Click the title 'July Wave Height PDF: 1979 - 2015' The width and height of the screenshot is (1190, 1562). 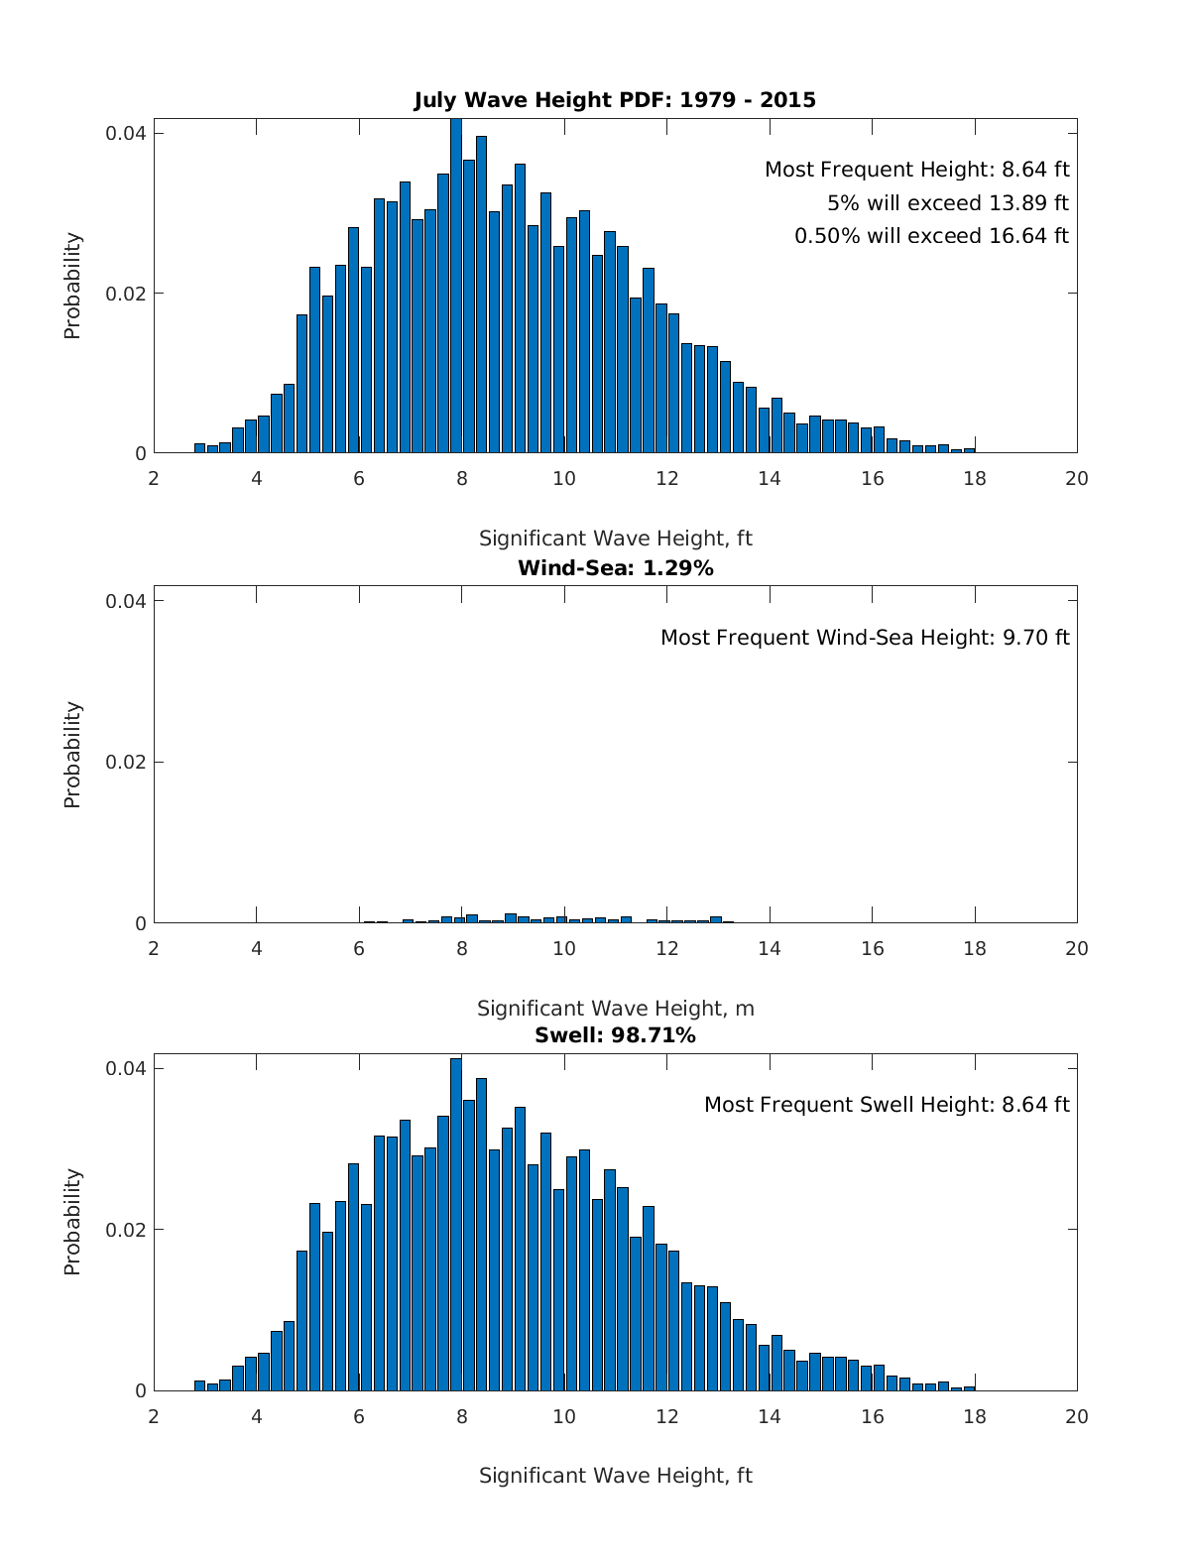[x=615, y=100]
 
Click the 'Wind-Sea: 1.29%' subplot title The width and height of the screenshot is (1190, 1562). [x=615, y=568]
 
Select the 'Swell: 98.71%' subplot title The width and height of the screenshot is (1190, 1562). [x=615, y=1035]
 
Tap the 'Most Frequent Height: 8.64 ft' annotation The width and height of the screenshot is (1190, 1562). [x=916, y=170]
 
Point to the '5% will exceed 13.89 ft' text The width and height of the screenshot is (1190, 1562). [x=947, y=203]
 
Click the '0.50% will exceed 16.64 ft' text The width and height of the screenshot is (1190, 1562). [x=931, y=236]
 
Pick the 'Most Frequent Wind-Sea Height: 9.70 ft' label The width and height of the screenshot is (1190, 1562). [x=865, y=638]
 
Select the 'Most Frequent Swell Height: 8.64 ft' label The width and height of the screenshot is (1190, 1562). [x=887, y=1105]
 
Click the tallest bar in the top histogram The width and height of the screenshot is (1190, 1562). [x=456, y=288]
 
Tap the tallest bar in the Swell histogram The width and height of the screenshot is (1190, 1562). [x=456, y=1225]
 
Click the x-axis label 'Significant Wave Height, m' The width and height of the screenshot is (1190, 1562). [x=615, y=1009]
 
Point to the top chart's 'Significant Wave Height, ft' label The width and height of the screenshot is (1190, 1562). [x=615, y=539]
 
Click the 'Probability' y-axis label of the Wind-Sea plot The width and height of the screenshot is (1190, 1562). [x=72, y=755]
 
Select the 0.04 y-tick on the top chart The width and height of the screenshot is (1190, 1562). [x=126, y=134]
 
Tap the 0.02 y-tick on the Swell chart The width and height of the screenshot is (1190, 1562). [x=126, y=1230]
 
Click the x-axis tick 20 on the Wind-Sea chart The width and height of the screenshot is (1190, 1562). [x=1076, y=948]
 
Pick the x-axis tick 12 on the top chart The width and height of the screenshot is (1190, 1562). [x=666, y=479]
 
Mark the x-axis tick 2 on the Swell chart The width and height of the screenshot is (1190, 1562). [x=154, y=1416]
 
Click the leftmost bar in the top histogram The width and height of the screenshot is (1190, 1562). [x=199, y=448]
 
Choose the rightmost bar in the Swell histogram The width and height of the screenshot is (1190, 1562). [x=969, y=1387]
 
